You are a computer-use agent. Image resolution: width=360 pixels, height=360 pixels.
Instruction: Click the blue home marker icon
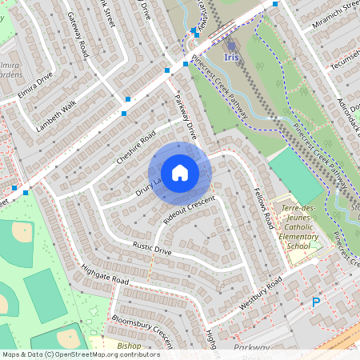[x=180, y=173]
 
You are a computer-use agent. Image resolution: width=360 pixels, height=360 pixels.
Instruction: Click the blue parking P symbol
[x=316, y=302]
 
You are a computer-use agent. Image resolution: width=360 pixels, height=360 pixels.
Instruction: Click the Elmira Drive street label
[x=34, y=86]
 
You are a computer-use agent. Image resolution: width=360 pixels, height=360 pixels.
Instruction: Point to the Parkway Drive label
[x=186, y=118]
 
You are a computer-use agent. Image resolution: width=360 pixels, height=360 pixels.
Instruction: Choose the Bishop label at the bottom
[x=129, y=346]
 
